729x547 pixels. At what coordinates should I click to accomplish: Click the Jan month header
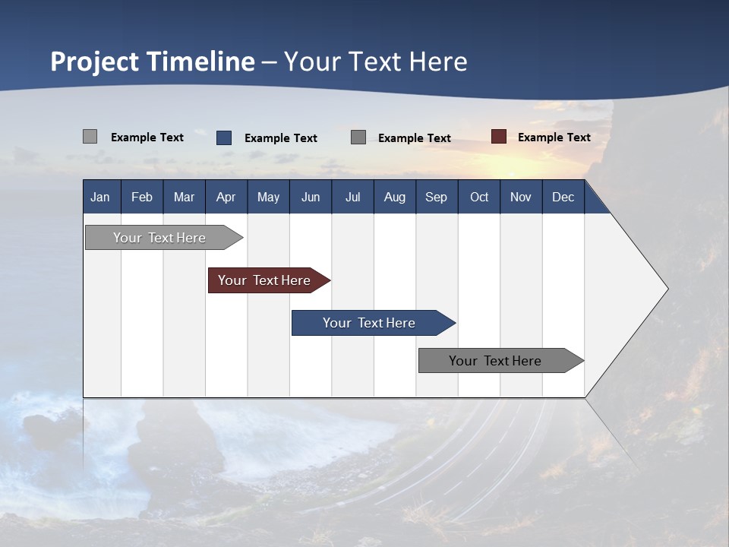(100, 197)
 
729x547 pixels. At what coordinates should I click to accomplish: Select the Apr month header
(226, 197)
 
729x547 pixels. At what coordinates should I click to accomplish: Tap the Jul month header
(352, 197)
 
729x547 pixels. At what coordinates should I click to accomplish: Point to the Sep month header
(436, 197)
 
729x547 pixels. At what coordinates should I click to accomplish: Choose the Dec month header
(563, 197)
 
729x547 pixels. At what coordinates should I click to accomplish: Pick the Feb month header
(142, 197)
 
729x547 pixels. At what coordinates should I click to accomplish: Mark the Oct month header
(479, 197)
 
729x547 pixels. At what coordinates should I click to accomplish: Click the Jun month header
(311, 197)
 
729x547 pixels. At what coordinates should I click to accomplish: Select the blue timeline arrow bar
(370, 323)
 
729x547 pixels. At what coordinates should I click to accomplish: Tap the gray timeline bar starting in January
(160, 238)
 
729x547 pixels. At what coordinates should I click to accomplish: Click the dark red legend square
(498, 137)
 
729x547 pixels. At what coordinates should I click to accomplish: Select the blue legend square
(223, 138)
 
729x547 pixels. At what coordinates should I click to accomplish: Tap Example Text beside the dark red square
(554, 137)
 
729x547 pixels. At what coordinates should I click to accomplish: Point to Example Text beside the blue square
(280, 138)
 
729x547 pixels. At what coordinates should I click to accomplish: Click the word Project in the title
(96, 62)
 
